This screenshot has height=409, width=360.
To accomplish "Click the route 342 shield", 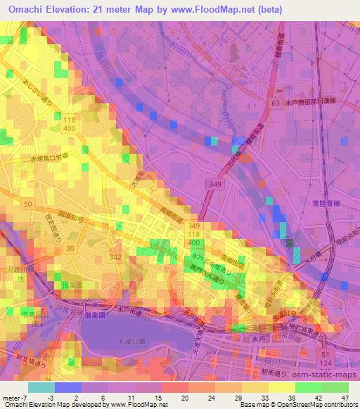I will point(116,257).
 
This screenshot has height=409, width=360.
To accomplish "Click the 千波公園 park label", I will point(125,340).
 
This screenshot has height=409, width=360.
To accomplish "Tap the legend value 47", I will point(345,397).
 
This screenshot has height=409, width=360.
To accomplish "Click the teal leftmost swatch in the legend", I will point(41,387).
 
